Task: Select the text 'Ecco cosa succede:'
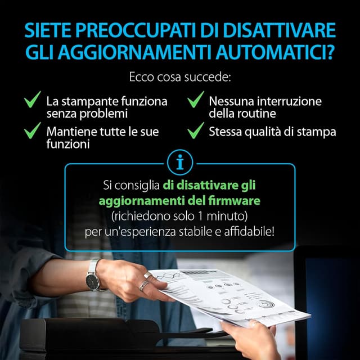179,76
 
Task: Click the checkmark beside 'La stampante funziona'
33,101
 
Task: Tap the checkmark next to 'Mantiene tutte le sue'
33,132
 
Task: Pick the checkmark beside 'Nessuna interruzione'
195,101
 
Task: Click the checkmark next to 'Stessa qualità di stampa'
195,132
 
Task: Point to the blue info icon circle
180,163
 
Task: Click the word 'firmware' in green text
237,200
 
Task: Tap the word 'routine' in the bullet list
258,113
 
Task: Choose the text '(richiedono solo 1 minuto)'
179,215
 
